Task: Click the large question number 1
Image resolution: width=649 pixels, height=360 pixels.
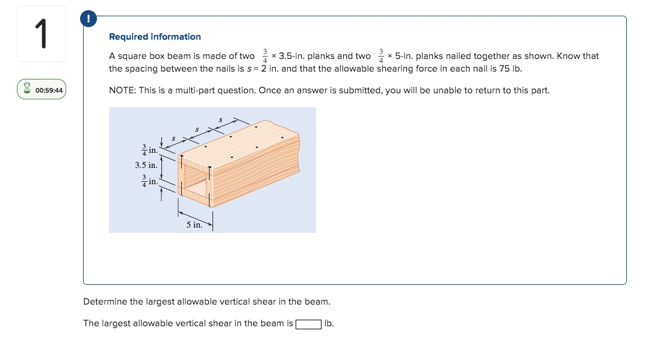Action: coord(41,34)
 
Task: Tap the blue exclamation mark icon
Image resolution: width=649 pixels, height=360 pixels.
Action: coord(89,19)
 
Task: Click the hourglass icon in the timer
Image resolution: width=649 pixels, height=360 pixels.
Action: coord(27,90)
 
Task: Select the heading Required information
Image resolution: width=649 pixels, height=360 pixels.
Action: coord(155,37)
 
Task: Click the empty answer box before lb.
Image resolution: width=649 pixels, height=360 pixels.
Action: coord(308,324)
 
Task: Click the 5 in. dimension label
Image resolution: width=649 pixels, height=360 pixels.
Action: coord(194,225)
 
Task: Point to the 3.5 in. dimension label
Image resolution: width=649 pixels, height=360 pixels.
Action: coord(146,164)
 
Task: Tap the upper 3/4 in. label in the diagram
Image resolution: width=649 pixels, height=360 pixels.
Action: coord(149,149)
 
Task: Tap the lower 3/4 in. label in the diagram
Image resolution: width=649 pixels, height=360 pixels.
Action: coord(149,181)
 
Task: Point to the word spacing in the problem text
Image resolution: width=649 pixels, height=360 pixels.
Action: coord(141,69)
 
